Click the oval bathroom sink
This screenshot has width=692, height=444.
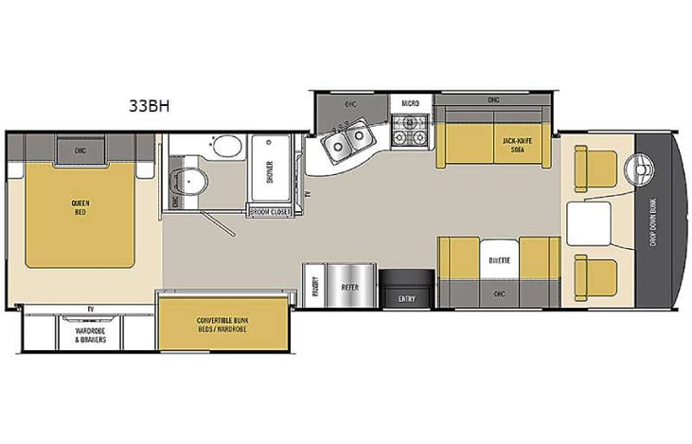[x=226, y=148]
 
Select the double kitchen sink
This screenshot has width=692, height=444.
[x=345, y=144]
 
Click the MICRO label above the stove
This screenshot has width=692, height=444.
[x=410, y=100]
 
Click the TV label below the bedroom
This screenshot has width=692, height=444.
[x=89, y=309]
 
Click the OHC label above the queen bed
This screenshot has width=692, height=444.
[x=80, y=149]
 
